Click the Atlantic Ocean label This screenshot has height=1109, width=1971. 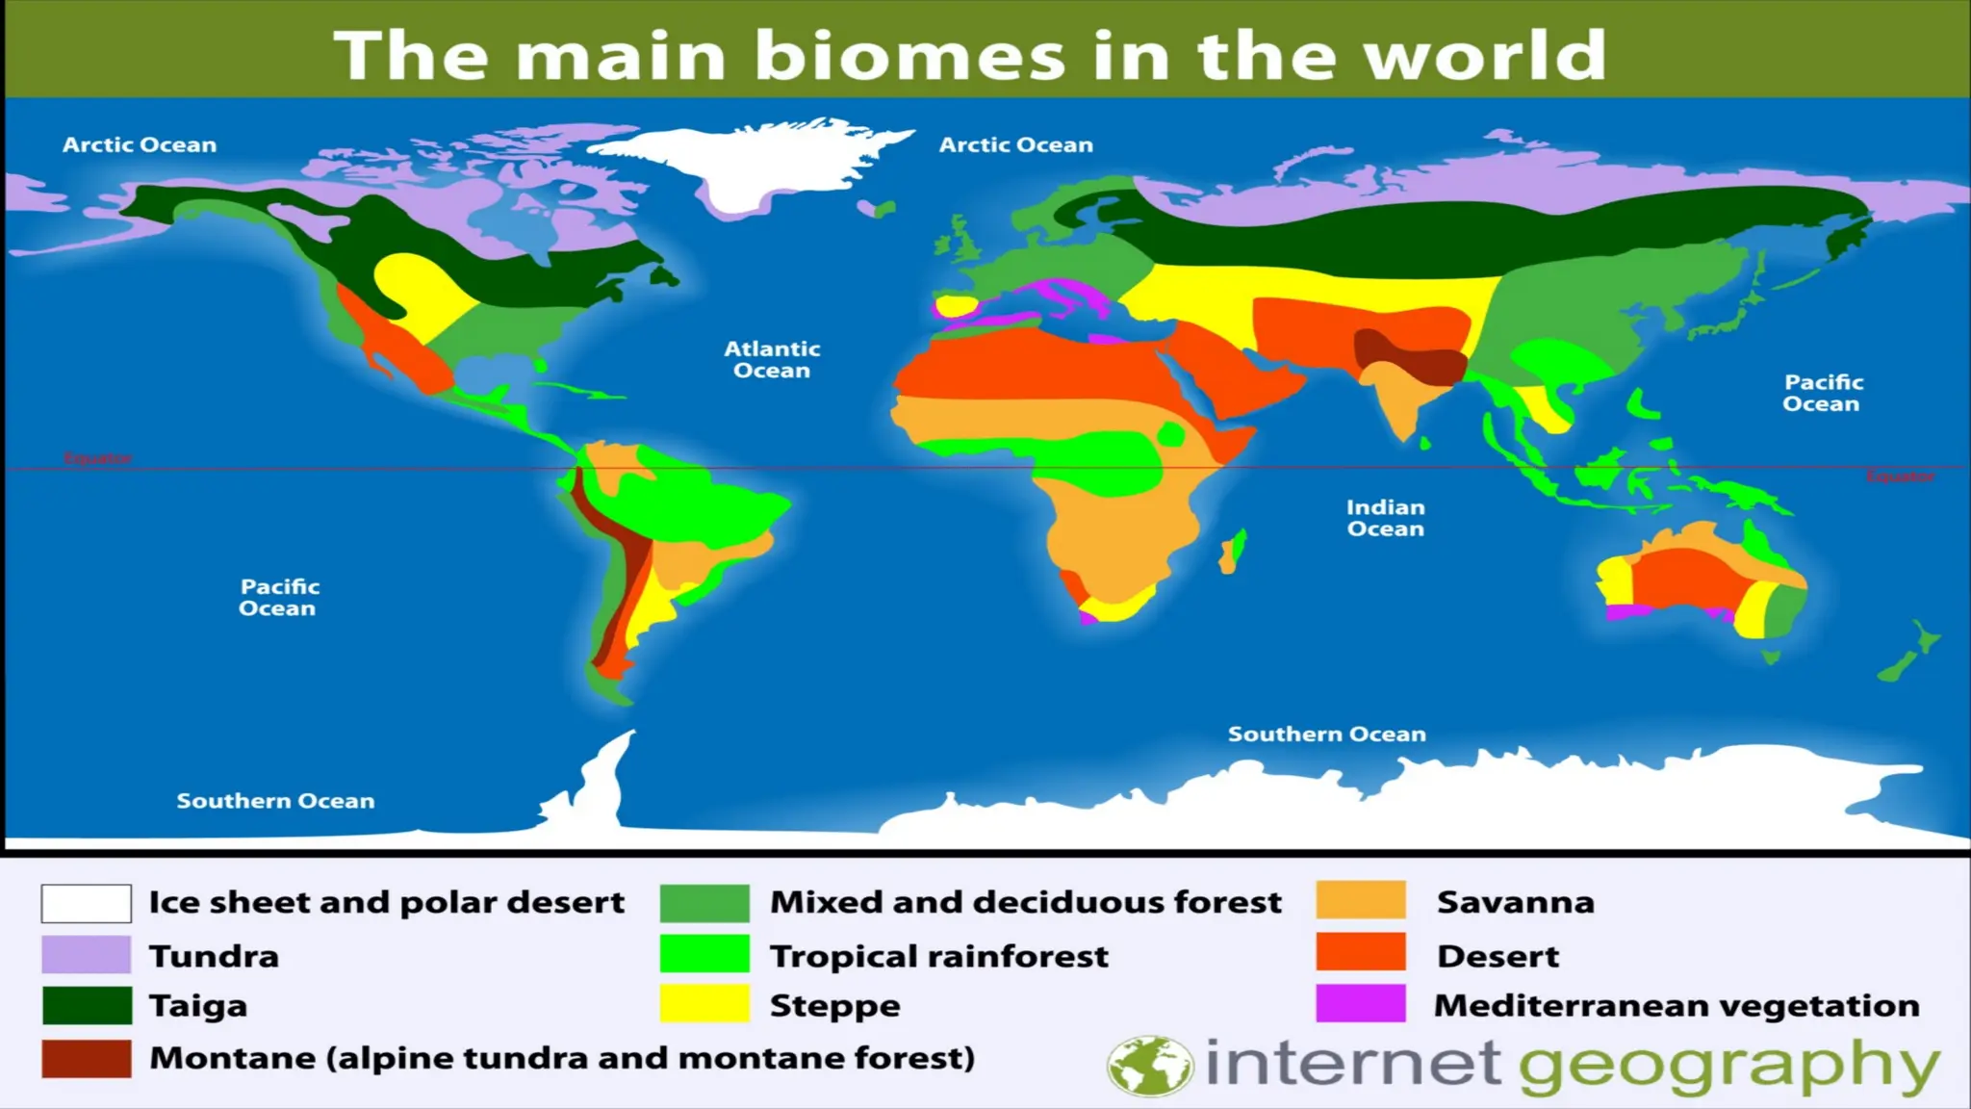772,359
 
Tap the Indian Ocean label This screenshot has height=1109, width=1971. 1385,518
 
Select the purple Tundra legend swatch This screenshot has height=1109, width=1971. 87,955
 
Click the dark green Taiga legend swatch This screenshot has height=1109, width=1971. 87,1005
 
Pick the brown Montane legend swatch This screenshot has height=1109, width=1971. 87,1058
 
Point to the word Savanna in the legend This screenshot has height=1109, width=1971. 1515,902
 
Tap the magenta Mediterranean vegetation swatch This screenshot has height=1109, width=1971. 1361,1003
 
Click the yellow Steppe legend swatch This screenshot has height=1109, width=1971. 704,1003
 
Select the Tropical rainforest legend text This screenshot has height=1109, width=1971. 939,956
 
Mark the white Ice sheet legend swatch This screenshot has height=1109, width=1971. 87,903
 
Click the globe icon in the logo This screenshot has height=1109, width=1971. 1149,1066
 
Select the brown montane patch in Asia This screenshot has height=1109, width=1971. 1405,356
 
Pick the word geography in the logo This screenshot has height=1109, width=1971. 1728,1067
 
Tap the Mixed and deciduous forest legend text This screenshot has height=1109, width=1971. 1026,902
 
